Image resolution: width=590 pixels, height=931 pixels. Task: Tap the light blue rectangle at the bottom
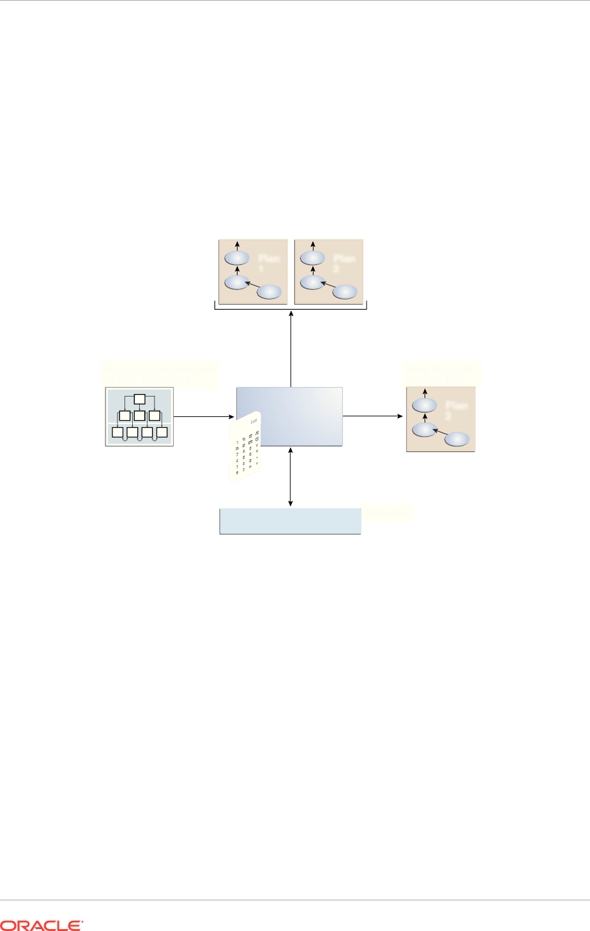[291, 520]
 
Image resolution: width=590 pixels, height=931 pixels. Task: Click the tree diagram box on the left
[139, 416]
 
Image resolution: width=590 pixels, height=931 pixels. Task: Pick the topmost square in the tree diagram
[139, 400]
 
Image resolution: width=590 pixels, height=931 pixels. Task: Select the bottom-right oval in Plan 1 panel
[269, 292]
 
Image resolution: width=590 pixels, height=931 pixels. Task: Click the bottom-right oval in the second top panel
[345, 292]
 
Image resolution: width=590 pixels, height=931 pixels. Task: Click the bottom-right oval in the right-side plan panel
[457, 439]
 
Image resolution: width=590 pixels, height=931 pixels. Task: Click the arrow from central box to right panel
[374, 416]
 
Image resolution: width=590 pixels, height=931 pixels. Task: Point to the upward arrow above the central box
[291, 348]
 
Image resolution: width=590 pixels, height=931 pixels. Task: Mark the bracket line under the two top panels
[291, 308]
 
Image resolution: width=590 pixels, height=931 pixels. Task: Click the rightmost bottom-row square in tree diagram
[162, 432]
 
